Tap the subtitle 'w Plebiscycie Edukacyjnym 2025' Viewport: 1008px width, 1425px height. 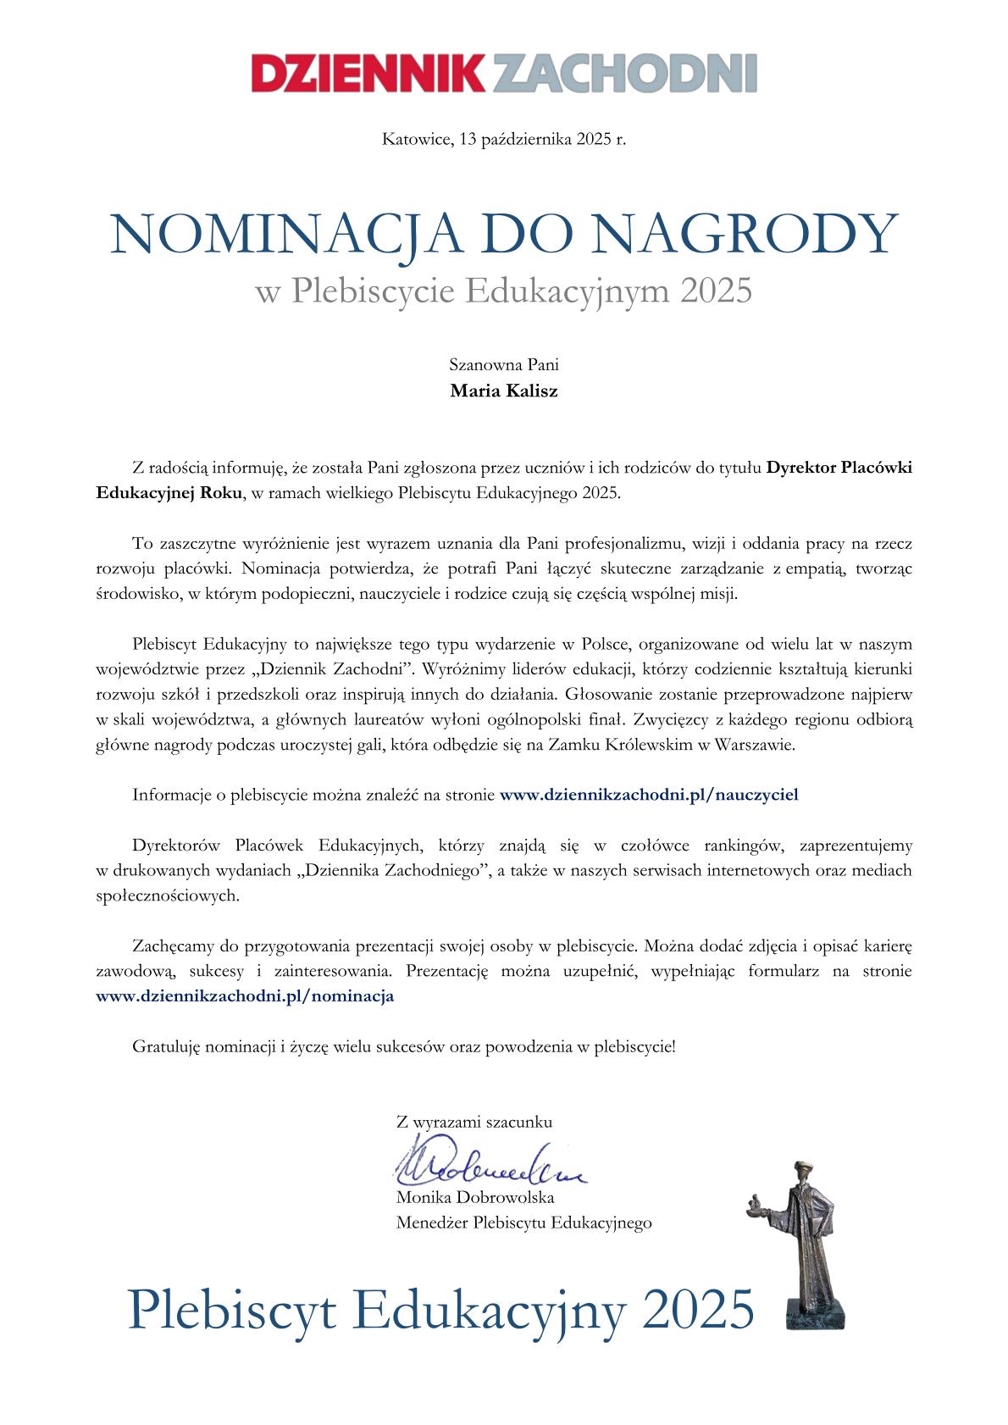tap(503, 291)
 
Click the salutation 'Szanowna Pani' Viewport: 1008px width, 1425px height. tap(503, 366)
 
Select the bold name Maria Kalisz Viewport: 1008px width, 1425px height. tap(503, 391)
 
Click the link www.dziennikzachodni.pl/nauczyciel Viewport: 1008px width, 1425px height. tap(649, 795)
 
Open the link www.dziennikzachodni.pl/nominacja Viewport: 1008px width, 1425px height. tap(245, 996)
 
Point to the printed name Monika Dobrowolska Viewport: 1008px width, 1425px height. tap(474, 1198)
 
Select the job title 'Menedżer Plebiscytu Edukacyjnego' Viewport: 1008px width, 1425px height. tap(523, 1223)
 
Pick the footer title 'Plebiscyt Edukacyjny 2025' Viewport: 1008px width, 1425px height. tap(440, 1310)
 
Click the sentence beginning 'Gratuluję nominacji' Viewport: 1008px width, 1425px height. tap(404, 1046)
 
